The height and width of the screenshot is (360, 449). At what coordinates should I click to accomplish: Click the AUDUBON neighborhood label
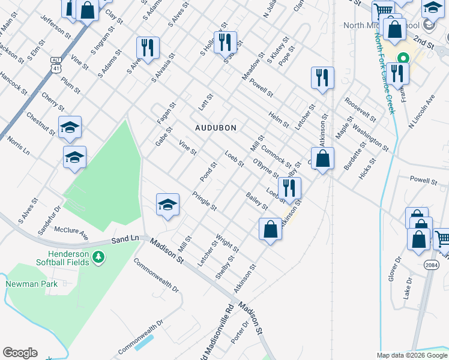pos(215,128)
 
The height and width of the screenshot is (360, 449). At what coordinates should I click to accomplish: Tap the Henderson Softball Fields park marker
pos(98,258)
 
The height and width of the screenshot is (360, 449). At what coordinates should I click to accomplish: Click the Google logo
pos(20,353)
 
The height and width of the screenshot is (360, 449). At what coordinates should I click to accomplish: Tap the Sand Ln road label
pos(125,239)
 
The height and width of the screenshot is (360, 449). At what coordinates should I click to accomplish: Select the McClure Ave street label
pos(71,233)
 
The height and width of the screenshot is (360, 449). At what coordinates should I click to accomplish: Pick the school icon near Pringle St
pos(168,205)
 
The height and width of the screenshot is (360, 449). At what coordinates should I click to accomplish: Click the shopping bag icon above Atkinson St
pos(323,159)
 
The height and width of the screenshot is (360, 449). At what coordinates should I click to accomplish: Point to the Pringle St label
pos(204,200)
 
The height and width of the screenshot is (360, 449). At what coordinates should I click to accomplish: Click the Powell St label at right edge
pos(424,180)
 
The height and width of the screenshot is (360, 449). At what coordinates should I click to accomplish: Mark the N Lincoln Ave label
pos(421,110)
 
